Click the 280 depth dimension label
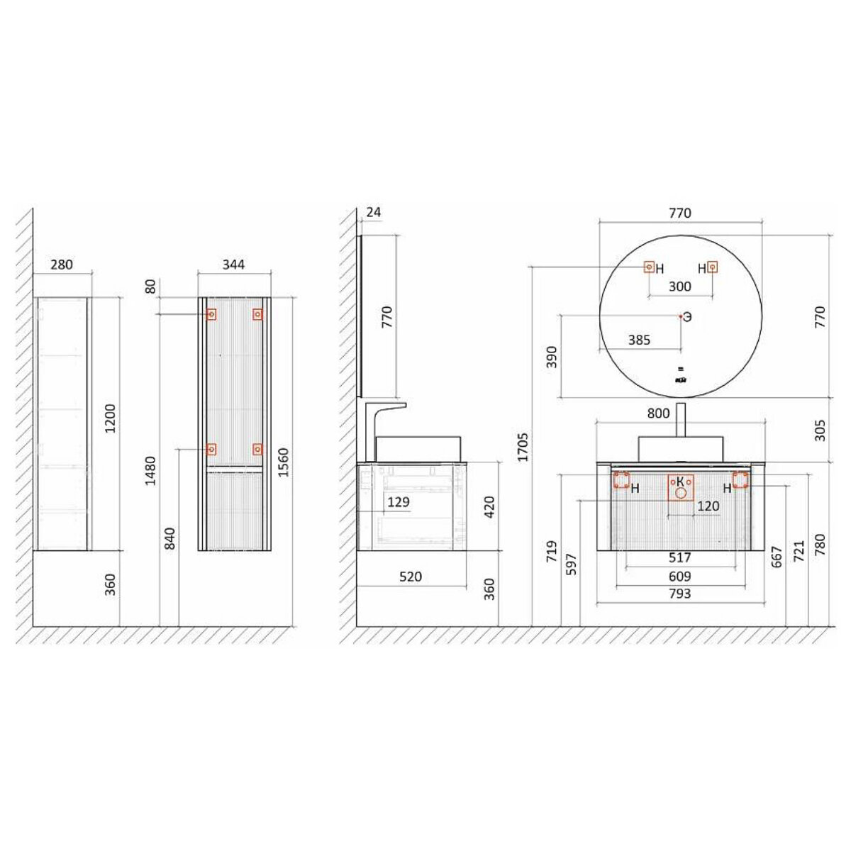tap(62, 265)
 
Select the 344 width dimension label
tap(233, 265)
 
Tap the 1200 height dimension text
tap(110, 418)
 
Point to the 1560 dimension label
tap(283, 462)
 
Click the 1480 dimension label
tap(150, 471)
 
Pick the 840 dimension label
tap(169, 538)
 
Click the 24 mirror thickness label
tap(373, 212)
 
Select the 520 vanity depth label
tap(411, 577)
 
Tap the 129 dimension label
tap(398, 501)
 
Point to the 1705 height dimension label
tap(523, 447)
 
